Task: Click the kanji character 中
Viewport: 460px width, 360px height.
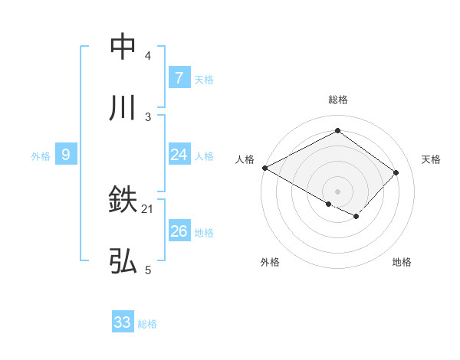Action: (123, 47)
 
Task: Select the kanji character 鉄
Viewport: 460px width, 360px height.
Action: (123, 201)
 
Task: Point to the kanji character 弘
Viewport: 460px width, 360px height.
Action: (123, 262)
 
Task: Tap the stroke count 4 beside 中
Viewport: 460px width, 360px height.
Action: (148, 56)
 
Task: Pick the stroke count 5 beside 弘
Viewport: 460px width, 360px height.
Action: (148, 270)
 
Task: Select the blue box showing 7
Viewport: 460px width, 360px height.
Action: (179, 78)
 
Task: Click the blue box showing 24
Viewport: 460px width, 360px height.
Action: (179, 155)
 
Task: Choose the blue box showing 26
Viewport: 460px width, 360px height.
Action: (179, 231)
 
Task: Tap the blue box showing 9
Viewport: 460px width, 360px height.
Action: (66, 155)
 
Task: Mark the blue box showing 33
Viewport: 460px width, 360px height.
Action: (123, 322)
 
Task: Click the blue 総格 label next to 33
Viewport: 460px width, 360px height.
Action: (147, 324)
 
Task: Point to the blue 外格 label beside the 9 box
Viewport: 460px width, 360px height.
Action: (41, 156)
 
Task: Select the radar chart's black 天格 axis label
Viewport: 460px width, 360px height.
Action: (432, 159)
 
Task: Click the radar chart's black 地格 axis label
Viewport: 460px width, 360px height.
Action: (402, 262)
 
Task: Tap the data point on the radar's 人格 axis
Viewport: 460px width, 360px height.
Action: (264, 168)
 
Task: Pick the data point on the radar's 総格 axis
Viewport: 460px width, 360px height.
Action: (337, 131)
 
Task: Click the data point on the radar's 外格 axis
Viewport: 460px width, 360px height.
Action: (329, 204)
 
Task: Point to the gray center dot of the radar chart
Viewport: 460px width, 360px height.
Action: (337, 191)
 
